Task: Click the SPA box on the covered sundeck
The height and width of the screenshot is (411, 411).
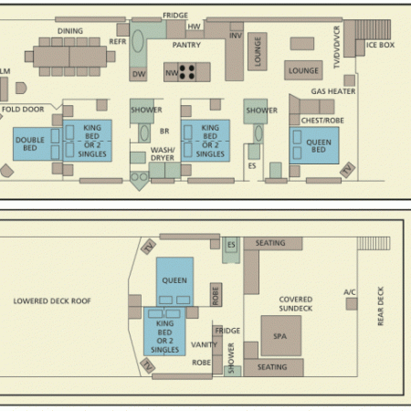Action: (x=281, y=336)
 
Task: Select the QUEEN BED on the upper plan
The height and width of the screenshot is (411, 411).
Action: (x=314, y=145)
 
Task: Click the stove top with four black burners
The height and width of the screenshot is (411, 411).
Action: (x=187, y=72)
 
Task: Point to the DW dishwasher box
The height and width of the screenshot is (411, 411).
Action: (x=139, y=74)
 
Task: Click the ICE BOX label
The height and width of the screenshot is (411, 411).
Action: (x=380, y=45)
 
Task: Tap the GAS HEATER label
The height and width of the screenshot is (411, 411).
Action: (x=333, y=91)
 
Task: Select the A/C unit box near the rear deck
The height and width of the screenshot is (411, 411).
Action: (x=352, y=304)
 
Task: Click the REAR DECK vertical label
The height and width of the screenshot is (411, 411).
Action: (x=381, y=306)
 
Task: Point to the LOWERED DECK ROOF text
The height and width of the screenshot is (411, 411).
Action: (x=52, y=301)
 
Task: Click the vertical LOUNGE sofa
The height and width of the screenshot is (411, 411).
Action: (x=258, y=51)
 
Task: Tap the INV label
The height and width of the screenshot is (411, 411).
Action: (x=236, y=36)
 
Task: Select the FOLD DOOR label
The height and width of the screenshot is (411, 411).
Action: (x=23, y=110)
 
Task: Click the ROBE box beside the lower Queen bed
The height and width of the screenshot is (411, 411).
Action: (x=216, y=295)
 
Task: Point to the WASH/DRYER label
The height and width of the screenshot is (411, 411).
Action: (x=163, y=154)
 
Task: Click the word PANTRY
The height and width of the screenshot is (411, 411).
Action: (x=186, y=45)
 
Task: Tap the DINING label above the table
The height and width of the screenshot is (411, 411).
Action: (x=70, y=31)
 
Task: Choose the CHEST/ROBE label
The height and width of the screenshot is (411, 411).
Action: (x=322, y=121)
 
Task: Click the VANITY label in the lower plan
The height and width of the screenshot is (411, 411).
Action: (x=204, y=344)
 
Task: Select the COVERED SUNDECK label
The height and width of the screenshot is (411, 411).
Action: (x=296, y=304)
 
